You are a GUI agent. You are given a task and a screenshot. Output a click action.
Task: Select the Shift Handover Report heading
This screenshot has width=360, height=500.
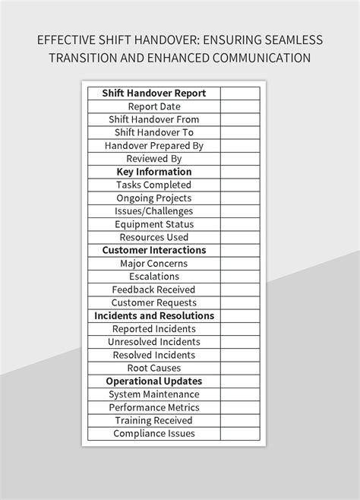click(x=154, y=93)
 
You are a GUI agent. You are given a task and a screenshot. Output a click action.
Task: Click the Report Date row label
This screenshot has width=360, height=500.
click(x=154, y=106)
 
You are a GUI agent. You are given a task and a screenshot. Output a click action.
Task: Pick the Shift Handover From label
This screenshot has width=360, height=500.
click(x=154, y=119)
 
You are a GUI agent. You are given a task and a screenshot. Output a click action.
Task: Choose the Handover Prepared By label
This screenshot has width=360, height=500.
click(x=154, y=146)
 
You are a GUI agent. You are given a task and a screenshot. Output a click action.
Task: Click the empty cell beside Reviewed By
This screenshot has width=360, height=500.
click(x=241, y=159)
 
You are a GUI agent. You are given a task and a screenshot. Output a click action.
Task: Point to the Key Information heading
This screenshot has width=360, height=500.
click(x=154, y=172)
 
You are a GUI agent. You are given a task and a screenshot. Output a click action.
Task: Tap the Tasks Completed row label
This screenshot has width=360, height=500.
click(x=154, y=185)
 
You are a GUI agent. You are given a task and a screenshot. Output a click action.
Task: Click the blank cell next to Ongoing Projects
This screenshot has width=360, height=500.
click(x=241, y=198)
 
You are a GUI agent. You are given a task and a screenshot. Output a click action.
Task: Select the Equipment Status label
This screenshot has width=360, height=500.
click(x=154, y=224)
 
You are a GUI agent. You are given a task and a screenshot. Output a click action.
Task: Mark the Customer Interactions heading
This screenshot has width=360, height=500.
click(x=154, y=250)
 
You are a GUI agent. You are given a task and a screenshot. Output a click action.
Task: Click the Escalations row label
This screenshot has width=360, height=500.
click(x=154, y=277)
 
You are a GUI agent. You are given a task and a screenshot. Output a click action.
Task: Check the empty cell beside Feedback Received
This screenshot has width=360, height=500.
click(x=241, y=290)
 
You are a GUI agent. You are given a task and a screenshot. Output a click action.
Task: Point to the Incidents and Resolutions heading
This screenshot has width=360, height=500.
click(x=154, y=315)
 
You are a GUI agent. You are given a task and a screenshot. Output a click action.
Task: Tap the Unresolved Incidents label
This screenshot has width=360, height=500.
click(x=154, y=342)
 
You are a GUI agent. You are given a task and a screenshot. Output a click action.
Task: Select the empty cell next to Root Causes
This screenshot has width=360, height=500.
click(x=241, y=368)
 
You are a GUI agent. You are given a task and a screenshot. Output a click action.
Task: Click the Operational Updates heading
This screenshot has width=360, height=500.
click(x=154, y=381)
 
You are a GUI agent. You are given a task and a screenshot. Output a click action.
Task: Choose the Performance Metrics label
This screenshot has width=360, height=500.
click(x=154, y=407)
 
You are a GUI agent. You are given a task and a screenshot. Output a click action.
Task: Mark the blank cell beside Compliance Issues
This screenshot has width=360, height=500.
click(x=241, y=433)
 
